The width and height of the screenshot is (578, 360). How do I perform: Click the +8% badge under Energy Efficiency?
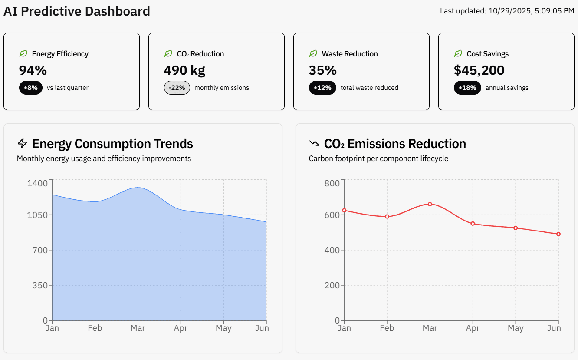31,88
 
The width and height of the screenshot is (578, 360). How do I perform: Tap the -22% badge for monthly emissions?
177,88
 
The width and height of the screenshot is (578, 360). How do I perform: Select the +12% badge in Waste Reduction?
322,88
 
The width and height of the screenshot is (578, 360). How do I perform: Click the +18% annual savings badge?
467,88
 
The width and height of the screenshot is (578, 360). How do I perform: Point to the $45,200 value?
479,70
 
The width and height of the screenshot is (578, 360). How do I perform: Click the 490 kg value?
184,70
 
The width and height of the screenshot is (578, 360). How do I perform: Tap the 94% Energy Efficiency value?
33,70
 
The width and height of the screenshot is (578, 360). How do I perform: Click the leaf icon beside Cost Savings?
458,53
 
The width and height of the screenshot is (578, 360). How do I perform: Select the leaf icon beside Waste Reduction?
313,53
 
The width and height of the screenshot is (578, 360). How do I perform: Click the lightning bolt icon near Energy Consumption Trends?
22,143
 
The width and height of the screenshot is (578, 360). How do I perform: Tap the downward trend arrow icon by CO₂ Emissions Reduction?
314,143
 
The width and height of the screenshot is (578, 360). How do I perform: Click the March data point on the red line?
430,204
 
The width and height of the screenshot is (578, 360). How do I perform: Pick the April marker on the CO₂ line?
473,224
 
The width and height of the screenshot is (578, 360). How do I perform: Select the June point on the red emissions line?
558,234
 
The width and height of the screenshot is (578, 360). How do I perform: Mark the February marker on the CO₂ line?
387,216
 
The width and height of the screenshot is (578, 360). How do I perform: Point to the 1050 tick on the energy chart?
37,215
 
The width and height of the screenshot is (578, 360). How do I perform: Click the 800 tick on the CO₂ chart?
332,183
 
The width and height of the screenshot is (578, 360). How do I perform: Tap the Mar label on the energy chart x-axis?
138,328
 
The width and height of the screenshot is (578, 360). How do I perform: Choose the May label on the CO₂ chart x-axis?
516,328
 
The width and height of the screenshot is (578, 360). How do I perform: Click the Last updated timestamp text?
507,11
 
